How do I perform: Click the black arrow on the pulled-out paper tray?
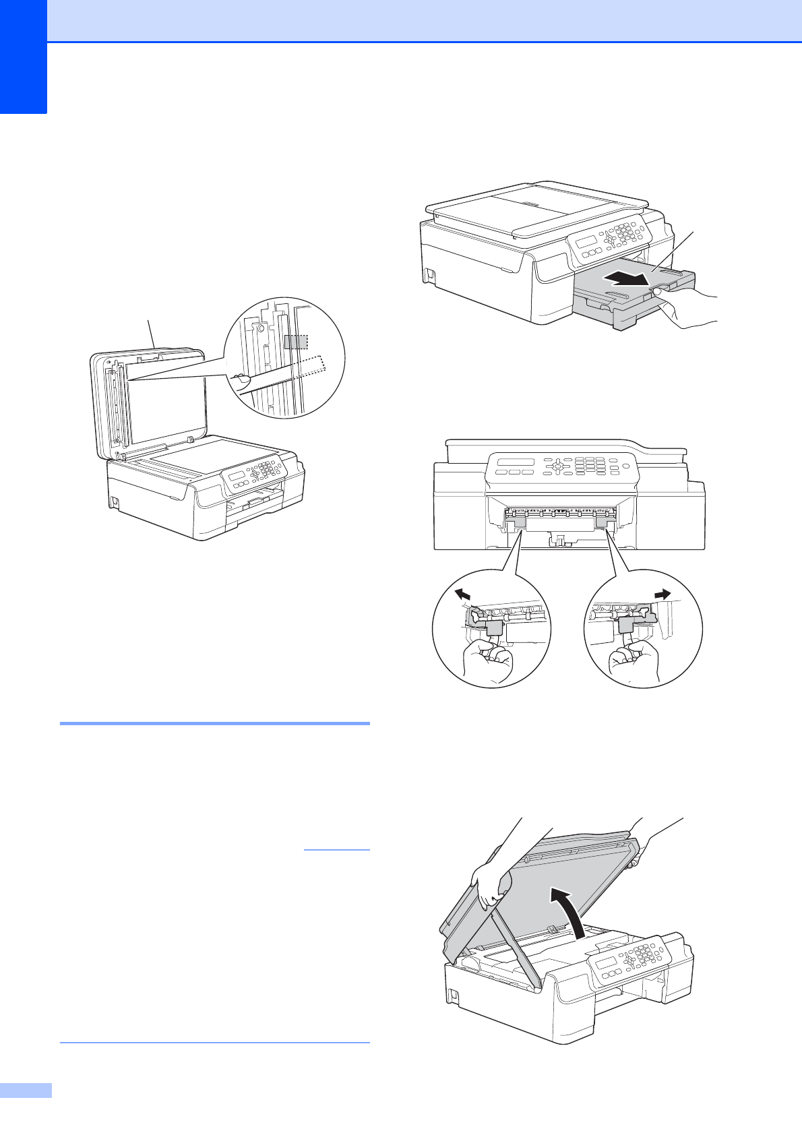click(x=627, y=277)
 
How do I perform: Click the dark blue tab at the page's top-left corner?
click(x=23, y=57)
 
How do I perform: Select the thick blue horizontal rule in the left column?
click(x=214, y=723)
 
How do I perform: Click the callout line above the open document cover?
click(x=152, y=334)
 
